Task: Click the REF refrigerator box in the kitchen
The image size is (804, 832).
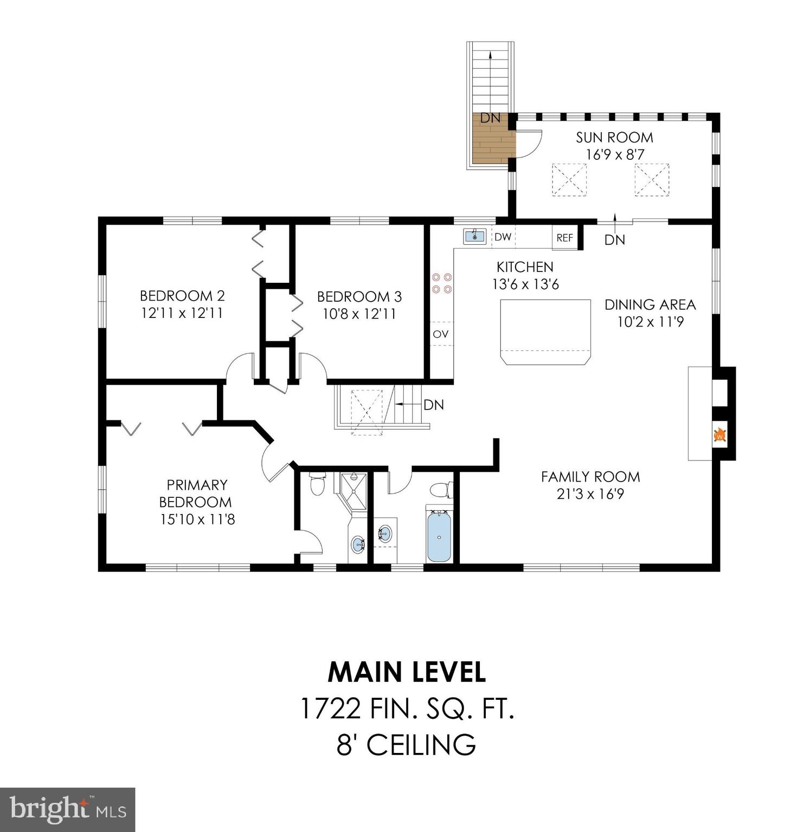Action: [x=565, y=238]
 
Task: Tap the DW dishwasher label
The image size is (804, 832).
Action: [x=503, y=237]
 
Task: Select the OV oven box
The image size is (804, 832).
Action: [x=441, y=334]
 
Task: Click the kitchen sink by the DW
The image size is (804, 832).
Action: [x=475, y=236]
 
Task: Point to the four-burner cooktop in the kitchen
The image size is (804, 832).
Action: [x=441, y=282]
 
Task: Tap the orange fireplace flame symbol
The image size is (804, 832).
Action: [x=720, y=435]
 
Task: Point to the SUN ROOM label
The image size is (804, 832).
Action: [x=614, y=137]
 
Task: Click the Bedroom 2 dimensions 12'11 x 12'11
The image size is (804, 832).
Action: [x=182, y=313]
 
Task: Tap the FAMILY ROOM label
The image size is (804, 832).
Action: [x=590, y=477]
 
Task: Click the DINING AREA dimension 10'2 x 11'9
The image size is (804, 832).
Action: [x=651, y=322]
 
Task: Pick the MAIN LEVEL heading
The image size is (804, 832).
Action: [x=407, y=672]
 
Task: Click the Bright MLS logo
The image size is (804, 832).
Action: [x=68, y=809]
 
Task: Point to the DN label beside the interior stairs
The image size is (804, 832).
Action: [x=434, y=405]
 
